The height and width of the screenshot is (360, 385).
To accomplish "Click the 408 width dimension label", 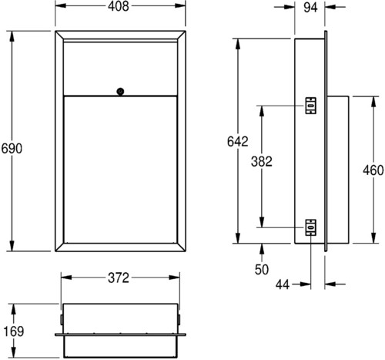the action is pyautogui.click(x=119, y=6).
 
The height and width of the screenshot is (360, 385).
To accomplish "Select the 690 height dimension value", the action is pyautogui.click(x=12, y=149).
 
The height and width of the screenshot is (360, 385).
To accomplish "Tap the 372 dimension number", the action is pyautogui.click(x=119, y=278).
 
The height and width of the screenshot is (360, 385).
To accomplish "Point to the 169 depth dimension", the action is pyautogui.click(x=14, y=331).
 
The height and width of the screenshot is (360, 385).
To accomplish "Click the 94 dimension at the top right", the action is pyautogui.click(x=310, y=8).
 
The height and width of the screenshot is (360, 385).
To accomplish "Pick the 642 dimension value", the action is pyautogui.click(x=238, y=142).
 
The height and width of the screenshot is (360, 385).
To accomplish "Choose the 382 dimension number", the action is pyautogui.click(x=262, y=162).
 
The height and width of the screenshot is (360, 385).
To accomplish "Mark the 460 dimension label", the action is pyautogui.click(x=373, y=170).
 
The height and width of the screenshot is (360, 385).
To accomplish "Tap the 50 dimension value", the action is pyautogui.click(x=262, y=269).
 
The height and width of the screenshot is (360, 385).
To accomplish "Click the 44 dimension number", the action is pyautogui.click(x=283, y=284).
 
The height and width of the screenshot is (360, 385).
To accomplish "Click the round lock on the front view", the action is pyautogui.click(x=120, y=91).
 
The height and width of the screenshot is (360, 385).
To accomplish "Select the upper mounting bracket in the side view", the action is pyautogui.click(x=310, y=106).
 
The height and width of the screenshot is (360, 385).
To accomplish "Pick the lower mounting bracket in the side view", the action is pyautogui.click(x=310, y=227).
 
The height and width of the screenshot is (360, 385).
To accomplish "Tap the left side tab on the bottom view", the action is pyautogui.click(x=62, y=319).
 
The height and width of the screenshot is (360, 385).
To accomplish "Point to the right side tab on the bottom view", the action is pyautogui.click(x=179, y=319).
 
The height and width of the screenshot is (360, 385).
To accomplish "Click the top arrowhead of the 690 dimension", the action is pyautogui.click(x=12, y=36).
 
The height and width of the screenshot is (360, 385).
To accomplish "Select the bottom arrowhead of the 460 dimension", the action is pyautogui.click(x=373, y=237).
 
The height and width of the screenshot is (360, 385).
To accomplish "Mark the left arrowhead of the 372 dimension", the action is pyautogui.click(x=66, y=278).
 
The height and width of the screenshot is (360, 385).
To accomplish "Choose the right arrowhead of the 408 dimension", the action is pyautogui.click(x=180, y=5).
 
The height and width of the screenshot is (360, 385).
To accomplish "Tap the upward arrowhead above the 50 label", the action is pyautogui.click(x=262, y=249).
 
